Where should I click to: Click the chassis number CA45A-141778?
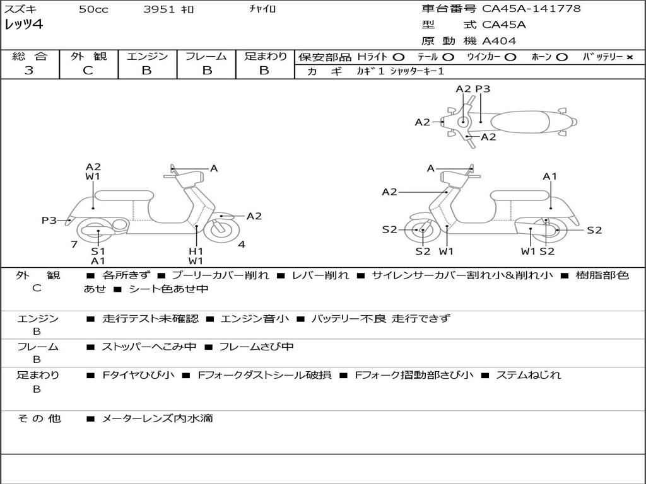(531, 9)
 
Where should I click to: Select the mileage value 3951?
(160, 9)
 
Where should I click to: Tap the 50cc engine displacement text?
(93, 9)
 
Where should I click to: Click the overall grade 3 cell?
(29, 70)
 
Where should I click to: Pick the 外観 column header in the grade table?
(88, 56)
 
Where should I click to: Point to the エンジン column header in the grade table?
(147, 56)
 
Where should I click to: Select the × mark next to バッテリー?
(629, 57)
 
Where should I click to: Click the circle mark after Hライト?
(399, 57)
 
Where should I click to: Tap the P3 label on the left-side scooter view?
(49, 221)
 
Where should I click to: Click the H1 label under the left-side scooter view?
(196, 251)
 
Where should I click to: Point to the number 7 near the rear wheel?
(74, 244)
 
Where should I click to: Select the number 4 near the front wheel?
(242, 244)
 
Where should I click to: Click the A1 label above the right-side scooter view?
(550, 176)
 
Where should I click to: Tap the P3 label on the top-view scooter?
(483, 89)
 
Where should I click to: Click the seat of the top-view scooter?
(524, 121)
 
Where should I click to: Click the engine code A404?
(499, 41)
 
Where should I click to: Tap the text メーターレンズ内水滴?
(157, 418)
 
